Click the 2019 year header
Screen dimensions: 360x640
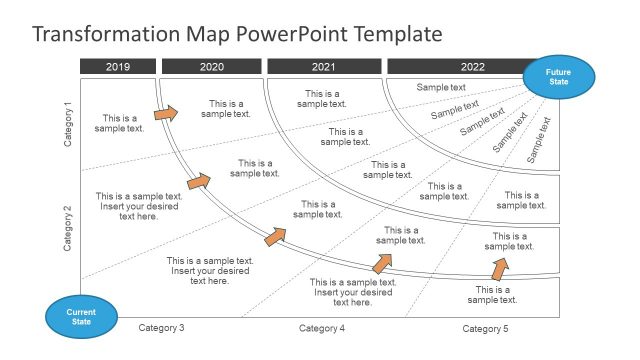[118, 67]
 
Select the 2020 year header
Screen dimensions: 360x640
[212, 67]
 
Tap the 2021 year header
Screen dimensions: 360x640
[323, 67]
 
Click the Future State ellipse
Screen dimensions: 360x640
[559, 78]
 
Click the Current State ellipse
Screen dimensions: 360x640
[79, 316]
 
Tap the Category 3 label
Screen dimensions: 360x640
[161, 328]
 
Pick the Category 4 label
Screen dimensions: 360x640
[321, 328]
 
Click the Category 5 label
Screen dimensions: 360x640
[485, 328]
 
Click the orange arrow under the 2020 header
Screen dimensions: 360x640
[166, 113]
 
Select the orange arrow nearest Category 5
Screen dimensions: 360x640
[499, 268]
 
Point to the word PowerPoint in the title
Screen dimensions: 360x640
[286, 35]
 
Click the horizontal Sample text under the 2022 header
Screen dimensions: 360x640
[441, 88]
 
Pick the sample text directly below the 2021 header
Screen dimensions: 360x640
[322, 99]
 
